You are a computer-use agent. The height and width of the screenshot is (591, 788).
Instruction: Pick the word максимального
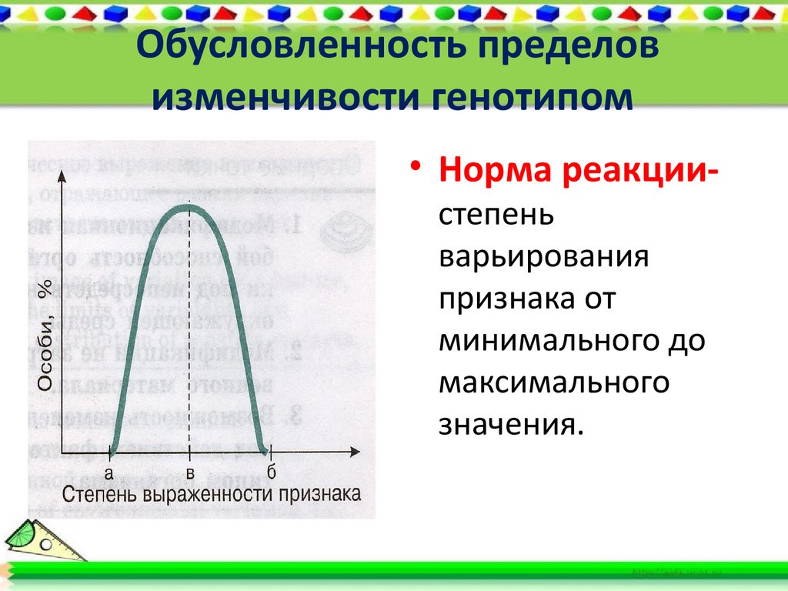tap(553, 382)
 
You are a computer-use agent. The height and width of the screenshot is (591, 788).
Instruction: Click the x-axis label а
tap(109, 472)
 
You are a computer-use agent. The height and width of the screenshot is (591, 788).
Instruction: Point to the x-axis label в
tap(189, 472)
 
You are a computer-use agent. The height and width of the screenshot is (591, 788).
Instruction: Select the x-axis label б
tap(270, 470)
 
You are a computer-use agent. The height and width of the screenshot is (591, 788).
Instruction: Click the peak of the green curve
tap(189, 205)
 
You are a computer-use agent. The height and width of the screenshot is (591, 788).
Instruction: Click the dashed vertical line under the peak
tap(189, 331)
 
